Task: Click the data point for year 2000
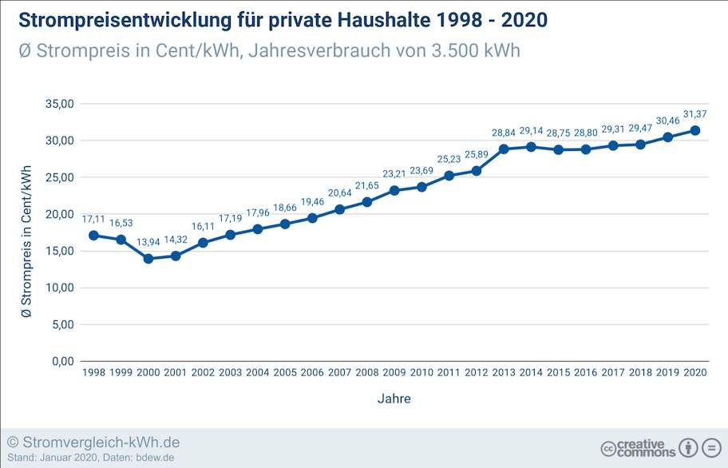(148, 259)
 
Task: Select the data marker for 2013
(504, 149)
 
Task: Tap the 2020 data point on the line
(695, 130)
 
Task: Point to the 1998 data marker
(93, 236)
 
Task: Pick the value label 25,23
(449, 159)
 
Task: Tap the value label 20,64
(340, 192)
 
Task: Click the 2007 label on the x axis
(339, 373)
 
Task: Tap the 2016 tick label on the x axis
(585, 373)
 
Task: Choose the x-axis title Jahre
(394, 398)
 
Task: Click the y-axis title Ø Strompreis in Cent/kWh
(27, 240)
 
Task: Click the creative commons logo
(638, 448)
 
